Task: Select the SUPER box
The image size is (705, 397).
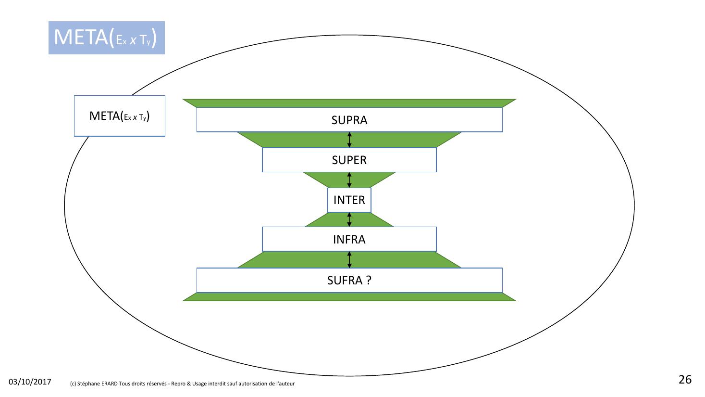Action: pyautogui.click(x=298, y=160)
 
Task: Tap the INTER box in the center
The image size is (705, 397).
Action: pyautogui.click(x=349, y=200)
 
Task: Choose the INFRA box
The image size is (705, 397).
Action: pyautogui.click(x=298, y=239)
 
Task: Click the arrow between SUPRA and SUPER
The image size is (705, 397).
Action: pyautogui.click(x=349, y=140)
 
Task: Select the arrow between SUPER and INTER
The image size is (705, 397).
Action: pyautogui.click(x=349, y=180)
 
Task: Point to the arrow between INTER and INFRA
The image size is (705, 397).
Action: pyautogui.click(x=349, y=219)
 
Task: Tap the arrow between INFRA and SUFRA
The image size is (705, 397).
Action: pyautogui.click(x=349, y=259)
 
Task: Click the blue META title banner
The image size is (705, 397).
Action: pyautogui.click(x=106, y=38)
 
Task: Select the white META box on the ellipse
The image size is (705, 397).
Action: pyautogui.click(x=119, y=116)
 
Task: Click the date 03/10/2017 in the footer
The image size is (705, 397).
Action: pyautogui.click(x=30, y=382)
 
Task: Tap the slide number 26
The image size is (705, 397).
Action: pyautogui.click(x=685, y=380)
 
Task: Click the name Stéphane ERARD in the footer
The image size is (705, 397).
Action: pyautogui.click(x=98, y=384)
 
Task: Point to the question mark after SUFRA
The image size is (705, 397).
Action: pyautogui.click(x=369, y=280)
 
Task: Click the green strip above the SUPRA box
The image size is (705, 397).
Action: pyautogui.click(x=349, y=103)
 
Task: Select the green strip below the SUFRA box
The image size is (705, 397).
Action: pyautogui.click(x=349, y=297)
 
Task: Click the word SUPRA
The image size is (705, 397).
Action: pyautogui.click(x=349, y=120)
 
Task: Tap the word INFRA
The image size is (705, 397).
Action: pyautogui.click(x=349, y=239)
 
